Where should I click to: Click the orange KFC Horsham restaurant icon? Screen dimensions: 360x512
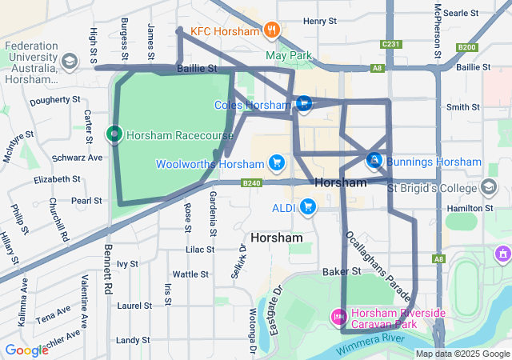pyautogui.click(x=272, y=31)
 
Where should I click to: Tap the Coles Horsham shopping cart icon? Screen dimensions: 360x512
pyautogui.click(x=303, y=104)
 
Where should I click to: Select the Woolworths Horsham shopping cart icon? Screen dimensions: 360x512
pyautogui.click(x=277, y=163)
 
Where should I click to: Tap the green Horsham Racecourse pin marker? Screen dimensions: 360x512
pyautogui.click(x=114, y=134)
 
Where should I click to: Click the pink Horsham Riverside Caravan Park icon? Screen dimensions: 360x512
pyautogui.click(x=338, y=318)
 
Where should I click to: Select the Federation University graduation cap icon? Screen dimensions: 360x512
pyautogui.click(x=70, y=62)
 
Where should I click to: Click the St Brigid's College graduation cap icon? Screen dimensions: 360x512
pyautogui.click(x=488, y=188)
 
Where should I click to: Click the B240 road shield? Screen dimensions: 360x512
pyautogui.click(x=252, y=183)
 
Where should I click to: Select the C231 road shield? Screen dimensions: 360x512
pyautogui.click(x=391, y=44)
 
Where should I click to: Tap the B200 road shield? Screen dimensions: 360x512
pyautogui.click(x=467, y=48)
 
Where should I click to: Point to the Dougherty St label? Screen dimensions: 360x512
pyautogui.click(x=54, y=102)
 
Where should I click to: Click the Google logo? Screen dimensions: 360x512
pyautogui.click(x=26, y=350)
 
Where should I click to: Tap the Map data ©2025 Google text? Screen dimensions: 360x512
pyautogui.click(x=462, y=354)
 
